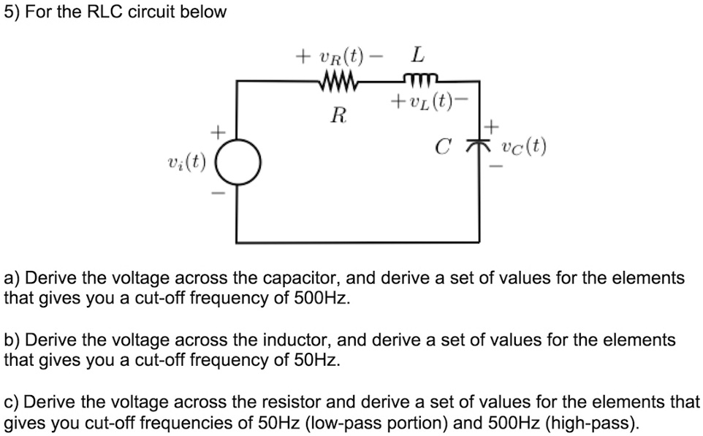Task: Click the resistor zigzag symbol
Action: point(338,80)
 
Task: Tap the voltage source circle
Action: point(236,161)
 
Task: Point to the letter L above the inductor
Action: point(417,55)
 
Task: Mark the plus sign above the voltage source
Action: point(216,132)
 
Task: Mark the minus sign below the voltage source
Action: point(216,193)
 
